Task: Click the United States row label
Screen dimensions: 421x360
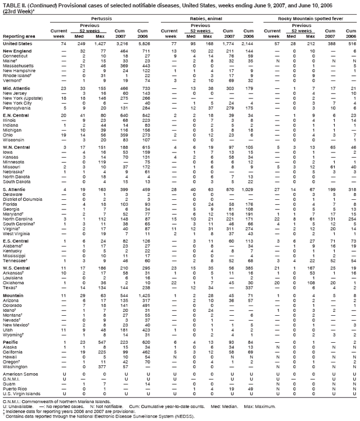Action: [17, 43]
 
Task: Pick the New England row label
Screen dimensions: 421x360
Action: [16, 51]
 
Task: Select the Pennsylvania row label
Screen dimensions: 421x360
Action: [18, 108]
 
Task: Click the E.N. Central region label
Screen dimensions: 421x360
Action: [16, 115]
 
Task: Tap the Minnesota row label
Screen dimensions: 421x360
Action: [15, 162]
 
